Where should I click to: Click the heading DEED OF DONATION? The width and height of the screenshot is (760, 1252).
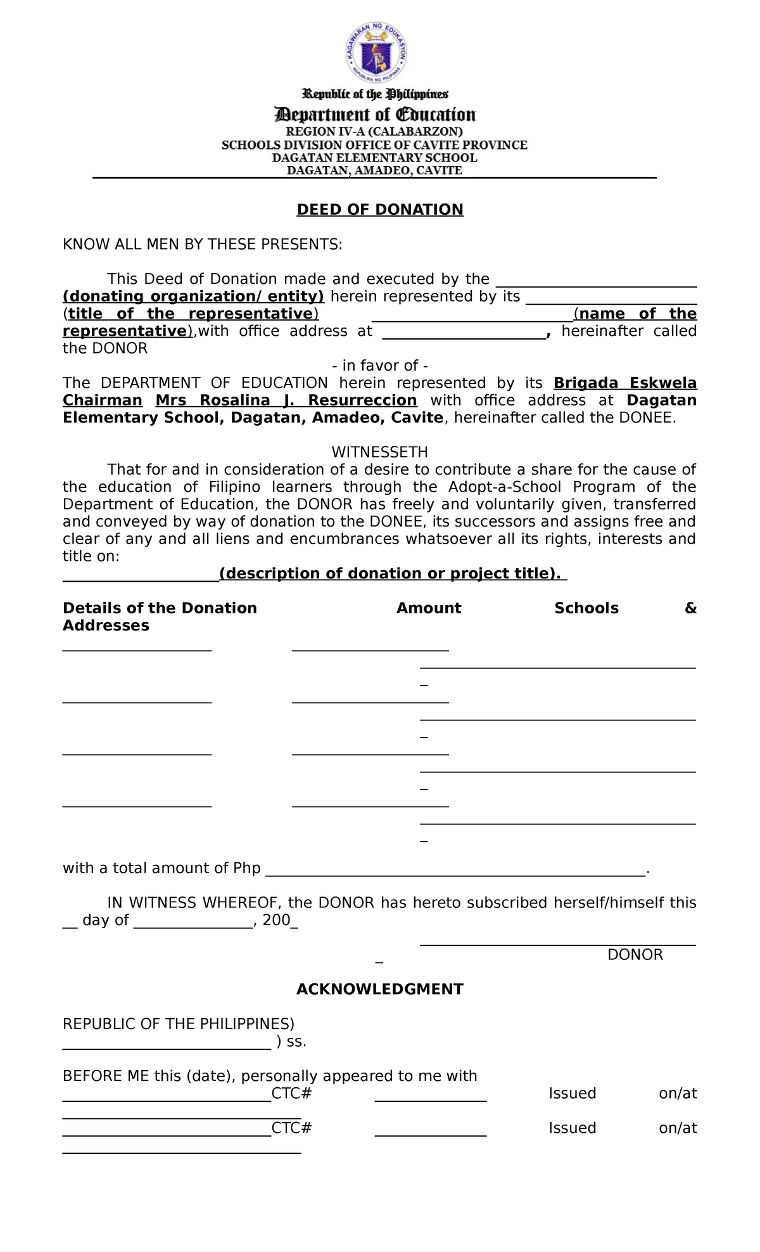[380, 210]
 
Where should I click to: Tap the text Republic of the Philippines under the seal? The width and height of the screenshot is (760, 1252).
[375, 94]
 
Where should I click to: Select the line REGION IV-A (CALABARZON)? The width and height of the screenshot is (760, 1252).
[374, 132]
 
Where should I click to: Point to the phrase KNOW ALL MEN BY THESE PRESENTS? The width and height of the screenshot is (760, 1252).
[202, 245]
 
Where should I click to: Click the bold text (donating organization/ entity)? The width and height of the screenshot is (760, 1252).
[193, 297]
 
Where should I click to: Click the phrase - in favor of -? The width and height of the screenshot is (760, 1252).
[380, 366]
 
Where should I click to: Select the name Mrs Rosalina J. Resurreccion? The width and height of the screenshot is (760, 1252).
[286, 400]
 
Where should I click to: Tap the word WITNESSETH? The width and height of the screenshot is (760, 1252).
[380, 452]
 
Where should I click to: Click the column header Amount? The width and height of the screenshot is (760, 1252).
[429, 608]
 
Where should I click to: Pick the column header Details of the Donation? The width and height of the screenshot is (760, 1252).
[160, 608]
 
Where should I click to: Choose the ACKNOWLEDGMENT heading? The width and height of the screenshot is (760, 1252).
[380, 990]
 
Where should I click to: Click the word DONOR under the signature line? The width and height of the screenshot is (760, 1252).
[635, 955]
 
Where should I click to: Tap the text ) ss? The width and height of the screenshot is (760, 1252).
[291, 1042]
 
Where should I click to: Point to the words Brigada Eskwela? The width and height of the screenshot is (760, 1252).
[625, 383]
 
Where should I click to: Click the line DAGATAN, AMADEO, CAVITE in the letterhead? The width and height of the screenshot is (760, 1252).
[374, 170]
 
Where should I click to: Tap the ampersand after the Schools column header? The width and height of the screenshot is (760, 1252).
[690, 608]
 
